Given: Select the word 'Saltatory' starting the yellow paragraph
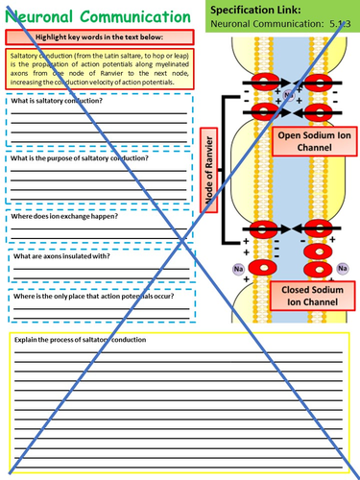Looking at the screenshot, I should pyautogui.click(x=26, y=57).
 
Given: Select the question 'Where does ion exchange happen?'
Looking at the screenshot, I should pyautogui.click(x=64, y=216).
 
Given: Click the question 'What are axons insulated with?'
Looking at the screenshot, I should pyautogui.click(x=61, y=256).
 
